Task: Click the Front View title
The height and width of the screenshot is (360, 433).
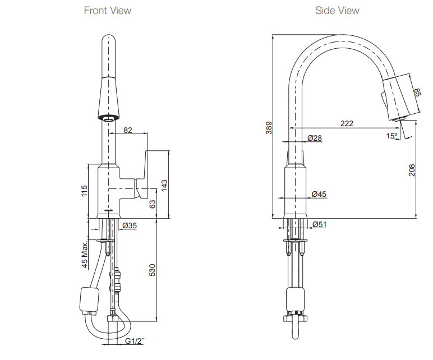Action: pyautogui.click(x=108, y=11)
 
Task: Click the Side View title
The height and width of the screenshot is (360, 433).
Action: pyautogui.click(x=337, y=11)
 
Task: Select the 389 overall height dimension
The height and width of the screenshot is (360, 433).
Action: pyautogui.click(x=269, y=128)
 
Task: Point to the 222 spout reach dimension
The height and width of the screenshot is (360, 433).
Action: pyautogui.click(x=347, y=123)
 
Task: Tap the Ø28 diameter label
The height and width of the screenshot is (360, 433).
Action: pyautogui.click(x=315, y=138)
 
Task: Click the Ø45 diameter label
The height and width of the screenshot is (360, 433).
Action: pyautogui.click(x=319, y=194)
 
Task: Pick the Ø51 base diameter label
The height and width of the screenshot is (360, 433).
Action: pyautogui.click(x=319, y=224)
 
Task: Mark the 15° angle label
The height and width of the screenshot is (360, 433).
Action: pyautogui.click(x=391, y=136)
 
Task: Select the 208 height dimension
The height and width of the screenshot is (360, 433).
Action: pyautogui.click(x=412, y=170)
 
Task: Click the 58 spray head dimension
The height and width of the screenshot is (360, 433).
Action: pyautogui.click(x=417, y=93)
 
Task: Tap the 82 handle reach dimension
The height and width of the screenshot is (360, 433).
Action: pyautogui.click(x=128, y=130)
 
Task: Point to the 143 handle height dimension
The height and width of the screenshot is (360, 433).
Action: pyautogui.click(x=164, y=185)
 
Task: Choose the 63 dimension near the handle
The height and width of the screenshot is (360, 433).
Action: pyautogui.click(x=151, y=204)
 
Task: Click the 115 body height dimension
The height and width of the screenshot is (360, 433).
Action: pyautogui.click(x=85, y=191)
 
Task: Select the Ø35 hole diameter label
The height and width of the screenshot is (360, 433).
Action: pyautogui.click(x=129, y=225)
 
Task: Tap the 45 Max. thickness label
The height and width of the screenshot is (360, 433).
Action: pyautogui.click(x=85, y=255)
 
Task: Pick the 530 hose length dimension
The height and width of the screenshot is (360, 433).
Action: pyautogui.click(x=151, y=270)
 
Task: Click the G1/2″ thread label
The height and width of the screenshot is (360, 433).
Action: pyautogui.click(x=135, y=341)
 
